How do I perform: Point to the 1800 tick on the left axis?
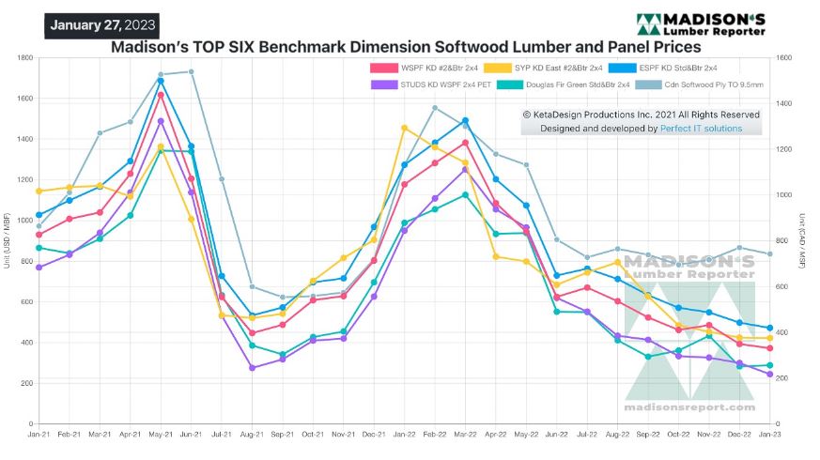(x=24, y=58)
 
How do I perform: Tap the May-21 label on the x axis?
(x=161, y=435)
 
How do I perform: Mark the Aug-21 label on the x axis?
(x=253, y=435)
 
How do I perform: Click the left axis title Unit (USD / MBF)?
(x=8, y=241)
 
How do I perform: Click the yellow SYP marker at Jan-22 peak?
(x=405, y=128)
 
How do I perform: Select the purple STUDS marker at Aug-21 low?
(x=253, y=368)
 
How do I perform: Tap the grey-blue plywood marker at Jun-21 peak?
(x=192, y=71)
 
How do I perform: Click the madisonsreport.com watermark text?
(x=689, y=407)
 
